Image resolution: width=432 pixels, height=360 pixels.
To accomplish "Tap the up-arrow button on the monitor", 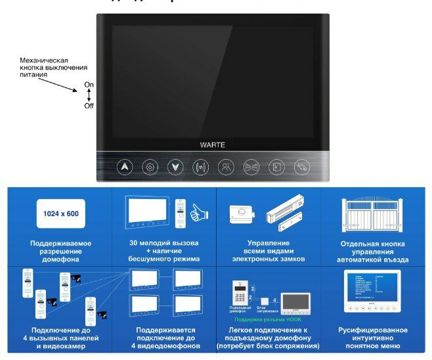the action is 125,167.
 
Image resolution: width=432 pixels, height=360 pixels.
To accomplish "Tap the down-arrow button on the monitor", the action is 175,167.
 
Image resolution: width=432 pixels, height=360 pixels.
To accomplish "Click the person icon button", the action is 225,167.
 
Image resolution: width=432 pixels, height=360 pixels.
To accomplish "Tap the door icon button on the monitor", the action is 276,167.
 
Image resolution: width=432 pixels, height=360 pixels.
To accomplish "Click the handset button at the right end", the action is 301,167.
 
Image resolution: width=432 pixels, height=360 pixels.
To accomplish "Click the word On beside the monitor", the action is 89,85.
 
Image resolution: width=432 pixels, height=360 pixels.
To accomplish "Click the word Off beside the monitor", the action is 89,105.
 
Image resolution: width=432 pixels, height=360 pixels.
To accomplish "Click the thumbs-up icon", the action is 198,212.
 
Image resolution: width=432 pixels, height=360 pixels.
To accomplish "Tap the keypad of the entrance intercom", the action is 239,294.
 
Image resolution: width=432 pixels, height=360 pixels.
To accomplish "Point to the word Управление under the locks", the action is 269,242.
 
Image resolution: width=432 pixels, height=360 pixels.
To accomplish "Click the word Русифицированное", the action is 372,329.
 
